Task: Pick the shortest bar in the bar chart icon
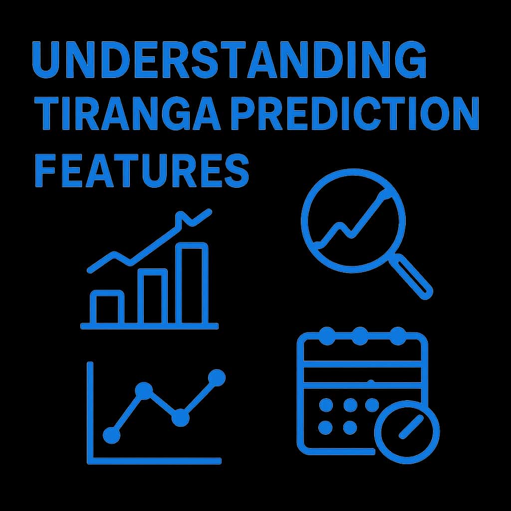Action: click(107, 307)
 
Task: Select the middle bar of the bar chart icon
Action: click(152, 296)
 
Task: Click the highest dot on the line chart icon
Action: click(217, 378)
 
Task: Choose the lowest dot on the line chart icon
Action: click(111, 435)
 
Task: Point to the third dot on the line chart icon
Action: click(180, 418)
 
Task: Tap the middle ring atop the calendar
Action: click(360, 336)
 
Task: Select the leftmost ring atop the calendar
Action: click(327, 336)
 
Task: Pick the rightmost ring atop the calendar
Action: click(397, 336)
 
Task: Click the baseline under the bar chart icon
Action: click(149, 326)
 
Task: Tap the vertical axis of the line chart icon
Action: click(90, 409)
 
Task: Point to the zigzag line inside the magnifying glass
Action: click(349, 225)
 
